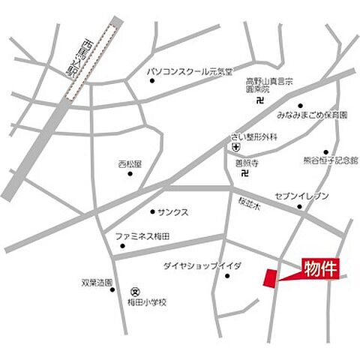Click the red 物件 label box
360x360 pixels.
(322, 267)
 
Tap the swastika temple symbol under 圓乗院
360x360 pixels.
(259, 99)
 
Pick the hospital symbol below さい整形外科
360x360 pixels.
(235, 148)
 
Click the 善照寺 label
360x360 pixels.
(245, 160)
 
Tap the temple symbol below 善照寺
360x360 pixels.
(245, 174)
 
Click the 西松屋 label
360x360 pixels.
(130, 163)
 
